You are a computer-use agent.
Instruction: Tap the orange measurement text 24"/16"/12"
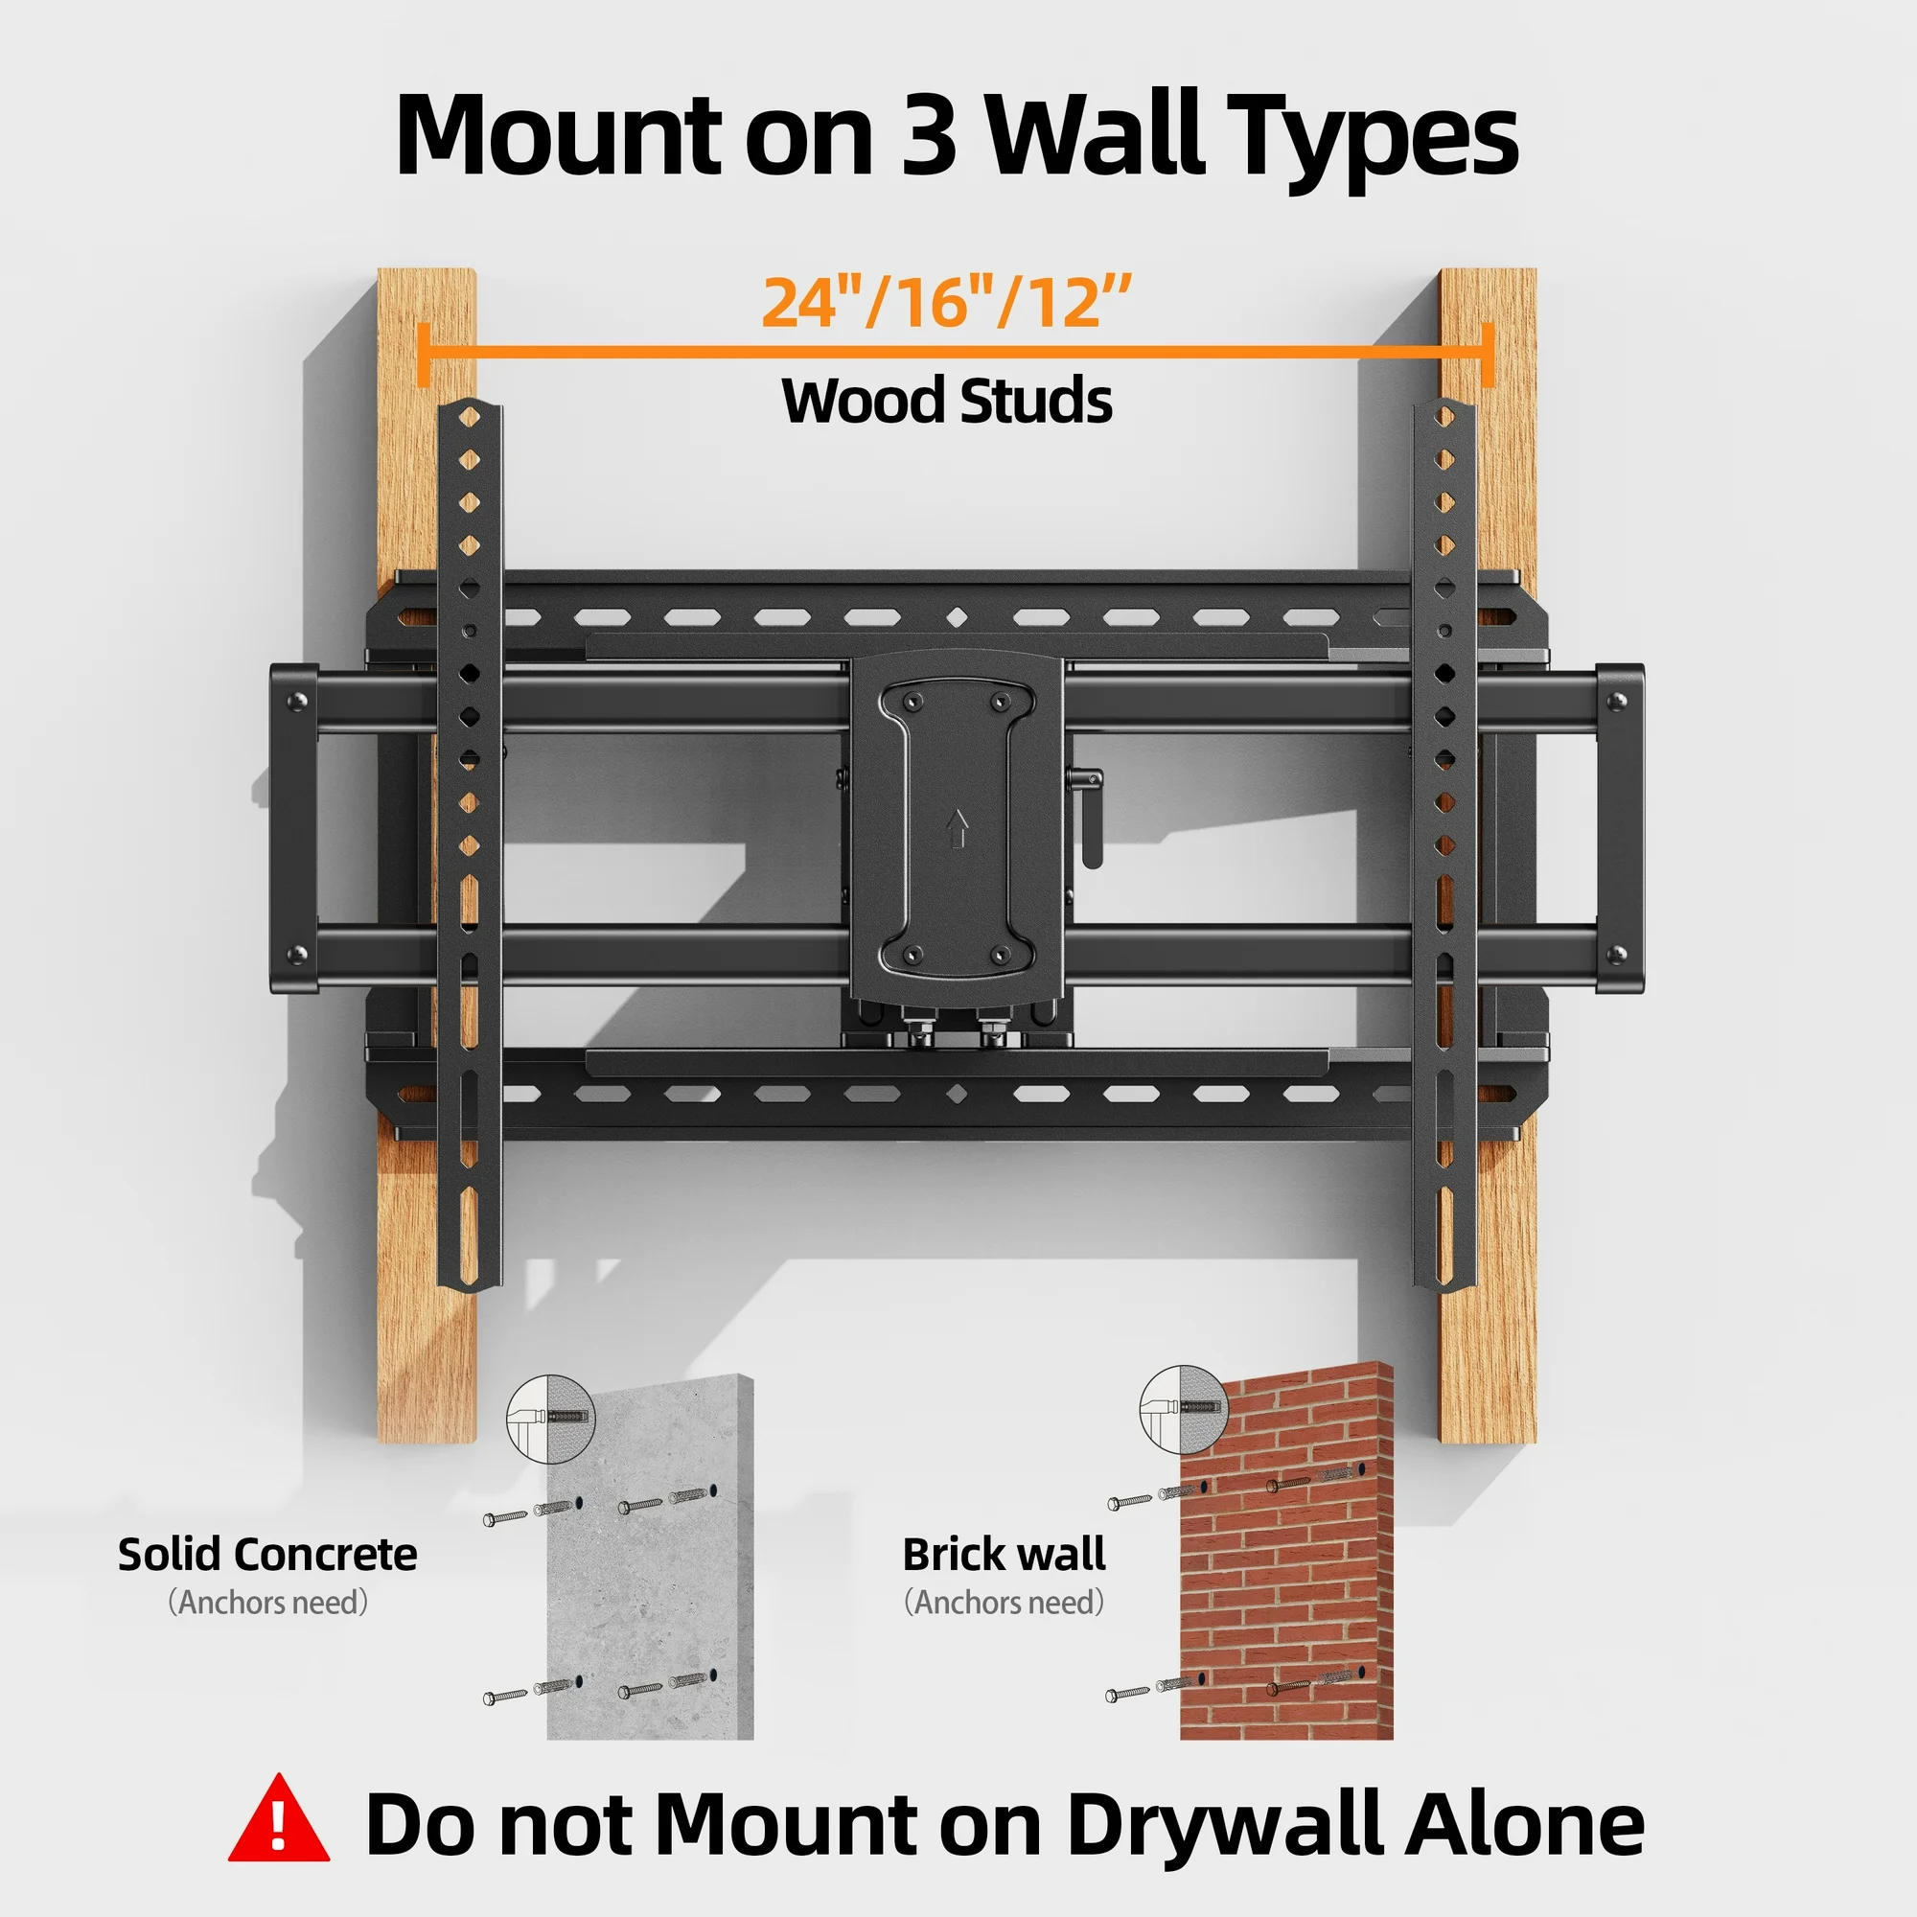(946, 303)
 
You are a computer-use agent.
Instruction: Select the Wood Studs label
(947, 401)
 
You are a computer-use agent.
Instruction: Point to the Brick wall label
(1004, 1555)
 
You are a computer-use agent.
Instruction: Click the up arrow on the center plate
(958, 828)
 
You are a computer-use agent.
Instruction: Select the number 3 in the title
(929, 134)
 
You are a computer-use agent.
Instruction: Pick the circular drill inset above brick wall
(1183, 1410)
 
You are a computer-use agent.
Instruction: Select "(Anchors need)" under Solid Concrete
(268, 1603)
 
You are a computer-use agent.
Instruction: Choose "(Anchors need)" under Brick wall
(1004, 1603)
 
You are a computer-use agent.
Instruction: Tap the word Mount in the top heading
(558, 134)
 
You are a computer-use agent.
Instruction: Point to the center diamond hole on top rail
(957, 618)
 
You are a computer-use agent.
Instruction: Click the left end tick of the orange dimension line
(424, 354)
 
